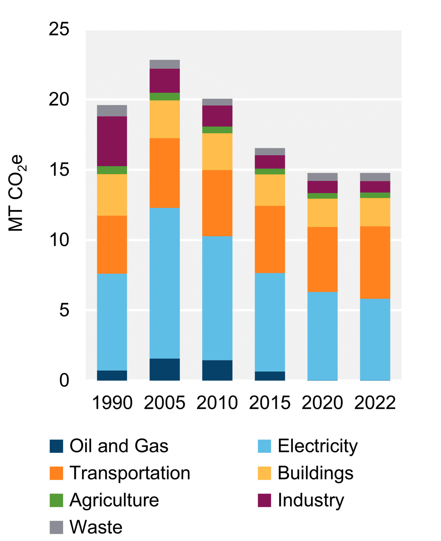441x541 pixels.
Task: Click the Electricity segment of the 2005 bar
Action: [165, 283]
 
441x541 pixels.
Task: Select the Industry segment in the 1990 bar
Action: [112, 141]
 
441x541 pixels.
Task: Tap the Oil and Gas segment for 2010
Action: [217, 370]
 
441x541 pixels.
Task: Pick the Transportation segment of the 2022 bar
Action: [375, 262]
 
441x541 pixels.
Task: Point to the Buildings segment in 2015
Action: [270, 190]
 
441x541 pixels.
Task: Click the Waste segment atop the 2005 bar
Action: [165, 64]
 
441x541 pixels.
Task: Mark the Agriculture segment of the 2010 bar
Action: [217, 130]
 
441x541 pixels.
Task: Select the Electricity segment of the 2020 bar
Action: [322, 336]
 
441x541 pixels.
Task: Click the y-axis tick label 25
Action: [59, 29]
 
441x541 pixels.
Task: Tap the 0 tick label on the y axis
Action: [64, 380]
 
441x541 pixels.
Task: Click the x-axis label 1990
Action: [112, 402]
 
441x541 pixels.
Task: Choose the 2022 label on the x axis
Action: [375, 402]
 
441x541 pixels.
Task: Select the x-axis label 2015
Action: [270, 402]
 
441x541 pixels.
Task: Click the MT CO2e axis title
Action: [16, 193]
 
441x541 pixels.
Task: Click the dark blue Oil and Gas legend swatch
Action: [56, 446]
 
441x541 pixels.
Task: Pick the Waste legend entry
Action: [96, 527]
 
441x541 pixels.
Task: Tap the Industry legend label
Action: [311, 500]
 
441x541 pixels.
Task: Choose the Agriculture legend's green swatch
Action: [56, 500]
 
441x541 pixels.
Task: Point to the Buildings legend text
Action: [315, 473]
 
